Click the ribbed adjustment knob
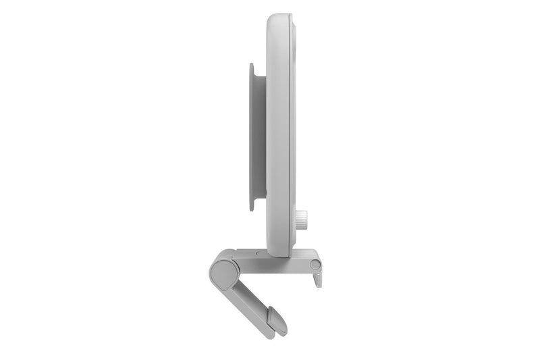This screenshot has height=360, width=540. point(301,218)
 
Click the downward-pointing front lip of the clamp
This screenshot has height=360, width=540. point(317,277)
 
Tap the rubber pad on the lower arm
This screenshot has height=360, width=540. point(276,319)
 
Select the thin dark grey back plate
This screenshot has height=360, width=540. point(252,135)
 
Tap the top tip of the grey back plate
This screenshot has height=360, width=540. point(252,66)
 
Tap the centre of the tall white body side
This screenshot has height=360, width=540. point(278,135)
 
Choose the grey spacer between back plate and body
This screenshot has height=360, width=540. point(261,135)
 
